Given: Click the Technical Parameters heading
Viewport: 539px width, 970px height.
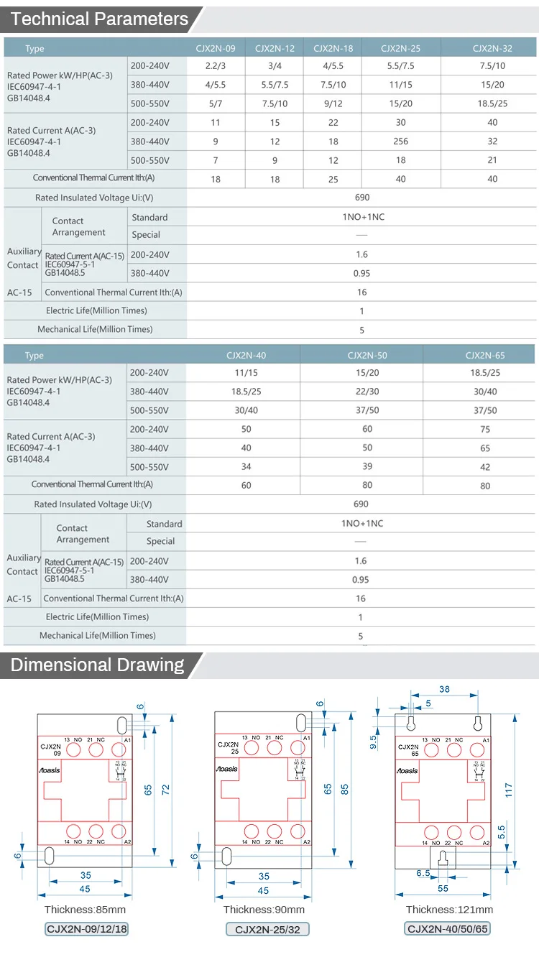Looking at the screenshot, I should [x=100, y=19].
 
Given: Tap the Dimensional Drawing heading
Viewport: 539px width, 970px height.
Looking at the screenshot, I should [x=98, y=665].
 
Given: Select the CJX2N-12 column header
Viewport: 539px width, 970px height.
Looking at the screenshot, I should [x=275, y=49].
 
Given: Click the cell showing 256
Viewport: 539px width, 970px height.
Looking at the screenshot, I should [x=400, y=142].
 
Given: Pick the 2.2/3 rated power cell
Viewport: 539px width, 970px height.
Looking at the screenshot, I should [x=216, y=65].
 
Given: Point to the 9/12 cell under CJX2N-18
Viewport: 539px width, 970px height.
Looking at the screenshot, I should [x=333, y=103].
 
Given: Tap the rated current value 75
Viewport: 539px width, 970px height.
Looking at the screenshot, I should [x=485, y=430].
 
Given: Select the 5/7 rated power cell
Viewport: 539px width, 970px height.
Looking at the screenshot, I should [x=216, y=103].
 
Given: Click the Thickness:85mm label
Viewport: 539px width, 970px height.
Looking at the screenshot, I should [x=85, y=910].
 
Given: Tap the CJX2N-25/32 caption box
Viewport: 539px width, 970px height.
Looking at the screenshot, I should [x=264, y=929].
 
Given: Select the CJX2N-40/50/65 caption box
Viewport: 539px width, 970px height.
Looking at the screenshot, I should [x=448, y=928].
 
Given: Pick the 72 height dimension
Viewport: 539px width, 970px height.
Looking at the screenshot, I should [x=166, y=789].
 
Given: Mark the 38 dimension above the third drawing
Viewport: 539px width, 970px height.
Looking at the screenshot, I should [x=444, y=689].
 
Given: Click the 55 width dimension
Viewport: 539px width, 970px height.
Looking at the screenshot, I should [x=443, y=888].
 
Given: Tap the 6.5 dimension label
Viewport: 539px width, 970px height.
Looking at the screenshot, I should [x=423, y=873].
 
